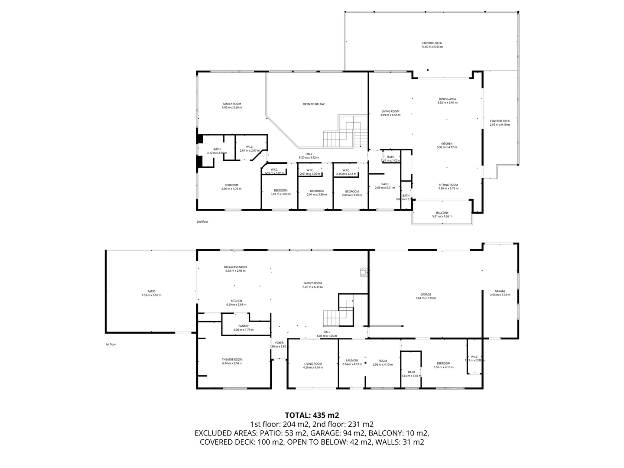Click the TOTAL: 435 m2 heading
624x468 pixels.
tap(312, 415)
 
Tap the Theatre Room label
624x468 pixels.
tap(232, 359)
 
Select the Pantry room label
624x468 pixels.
tap(243, 326)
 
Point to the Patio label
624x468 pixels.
tap(151, 291)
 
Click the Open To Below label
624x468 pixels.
tap(313, 104)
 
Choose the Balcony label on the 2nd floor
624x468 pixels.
tap(442, 213)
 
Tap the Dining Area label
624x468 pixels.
tap(447, 99)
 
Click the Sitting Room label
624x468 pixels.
tap(448, 185)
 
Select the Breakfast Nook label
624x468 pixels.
tap(235, 267)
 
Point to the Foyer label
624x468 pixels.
tap(279, 343)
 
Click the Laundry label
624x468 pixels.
tap(352, 361)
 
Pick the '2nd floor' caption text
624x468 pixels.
tap(202, 221)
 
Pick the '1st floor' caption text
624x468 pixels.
tap(110, 344)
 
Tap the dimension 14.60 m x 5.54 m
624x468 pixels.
tap(432, 47)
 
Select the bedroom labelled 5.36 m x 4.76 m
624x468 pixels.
tap(231, 187)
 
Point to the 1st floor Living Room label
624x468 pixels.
tap(313, 364)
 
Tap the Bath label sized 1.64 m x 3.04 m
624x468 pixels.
tap(411, 372)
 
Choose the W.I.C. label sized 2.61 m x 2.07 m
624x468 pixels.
tap(249, 146)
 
